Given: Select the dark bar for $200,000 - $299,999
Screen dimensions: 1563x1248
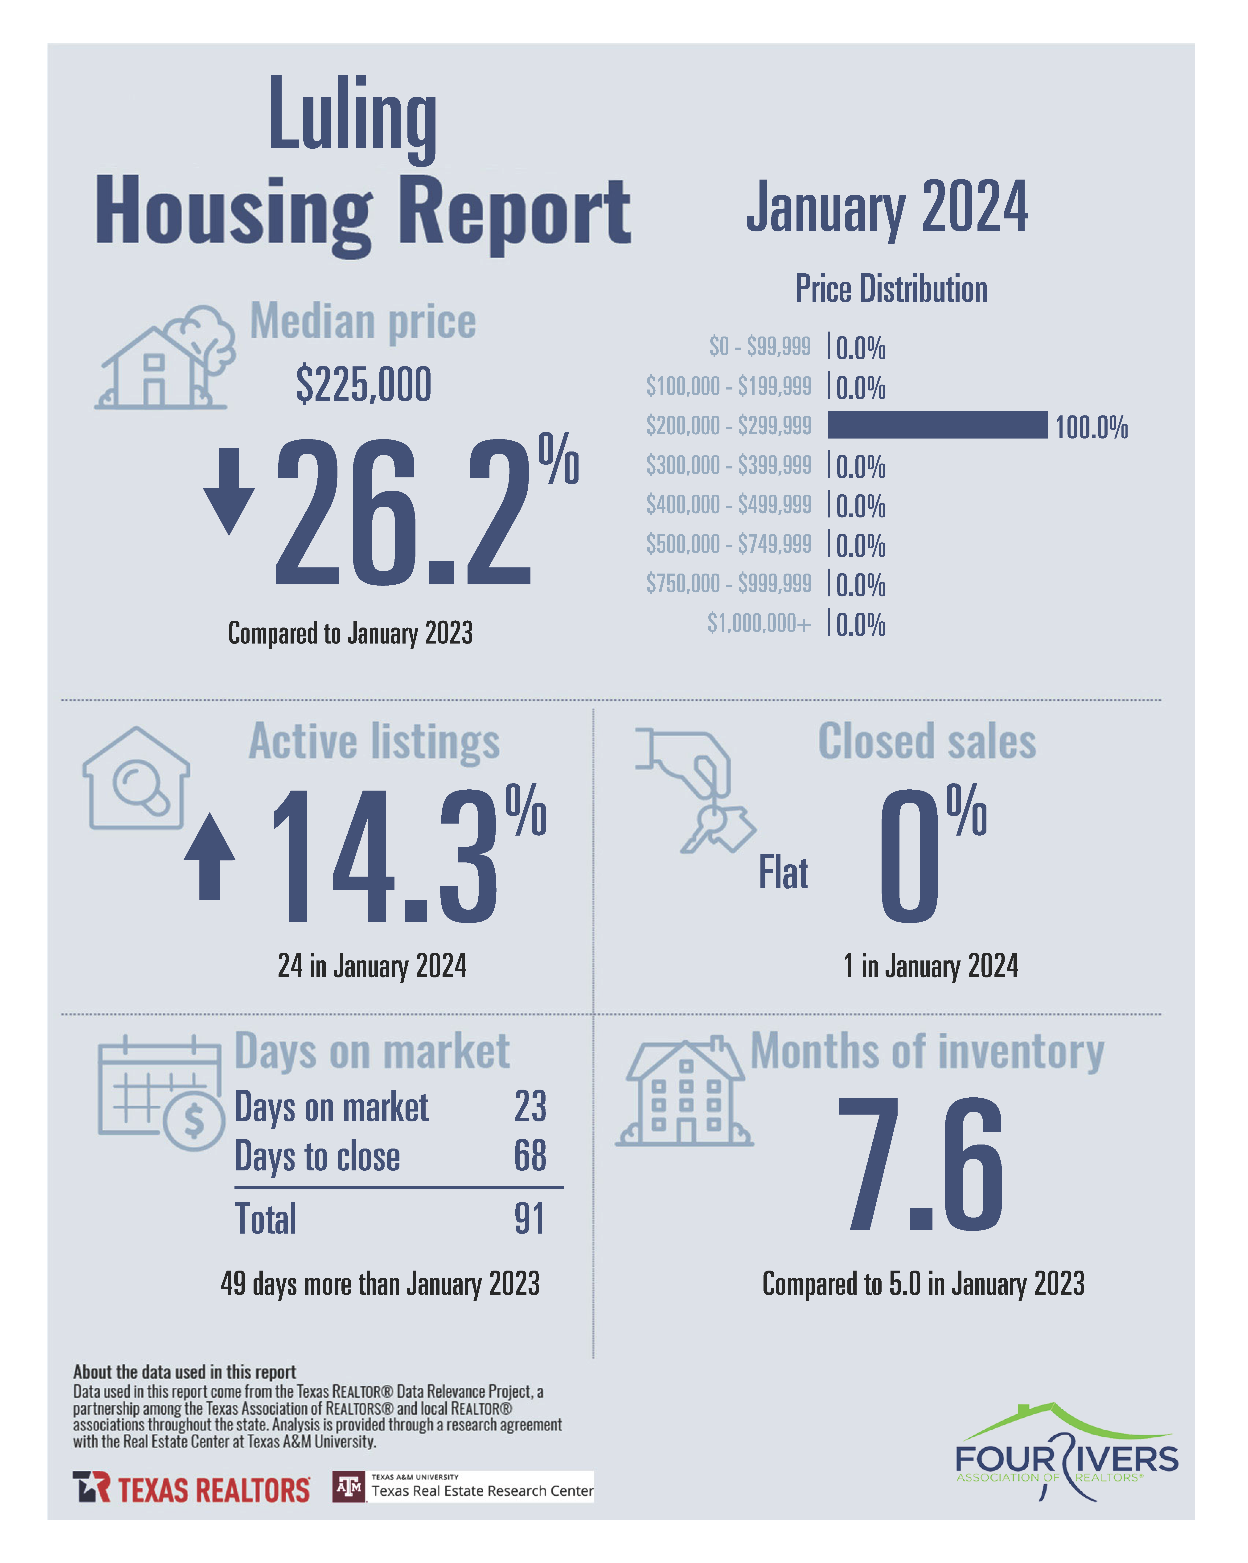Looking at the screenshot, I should [937, 425].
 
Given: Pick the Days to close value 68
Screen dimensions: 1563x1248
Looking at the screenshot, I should [530, 1156].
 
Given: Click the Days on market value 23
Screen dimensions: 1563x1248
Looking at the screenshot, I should [530, 1106].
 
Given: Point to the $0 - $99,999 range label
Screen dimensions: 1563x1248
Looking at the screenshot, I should [759, 347].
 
